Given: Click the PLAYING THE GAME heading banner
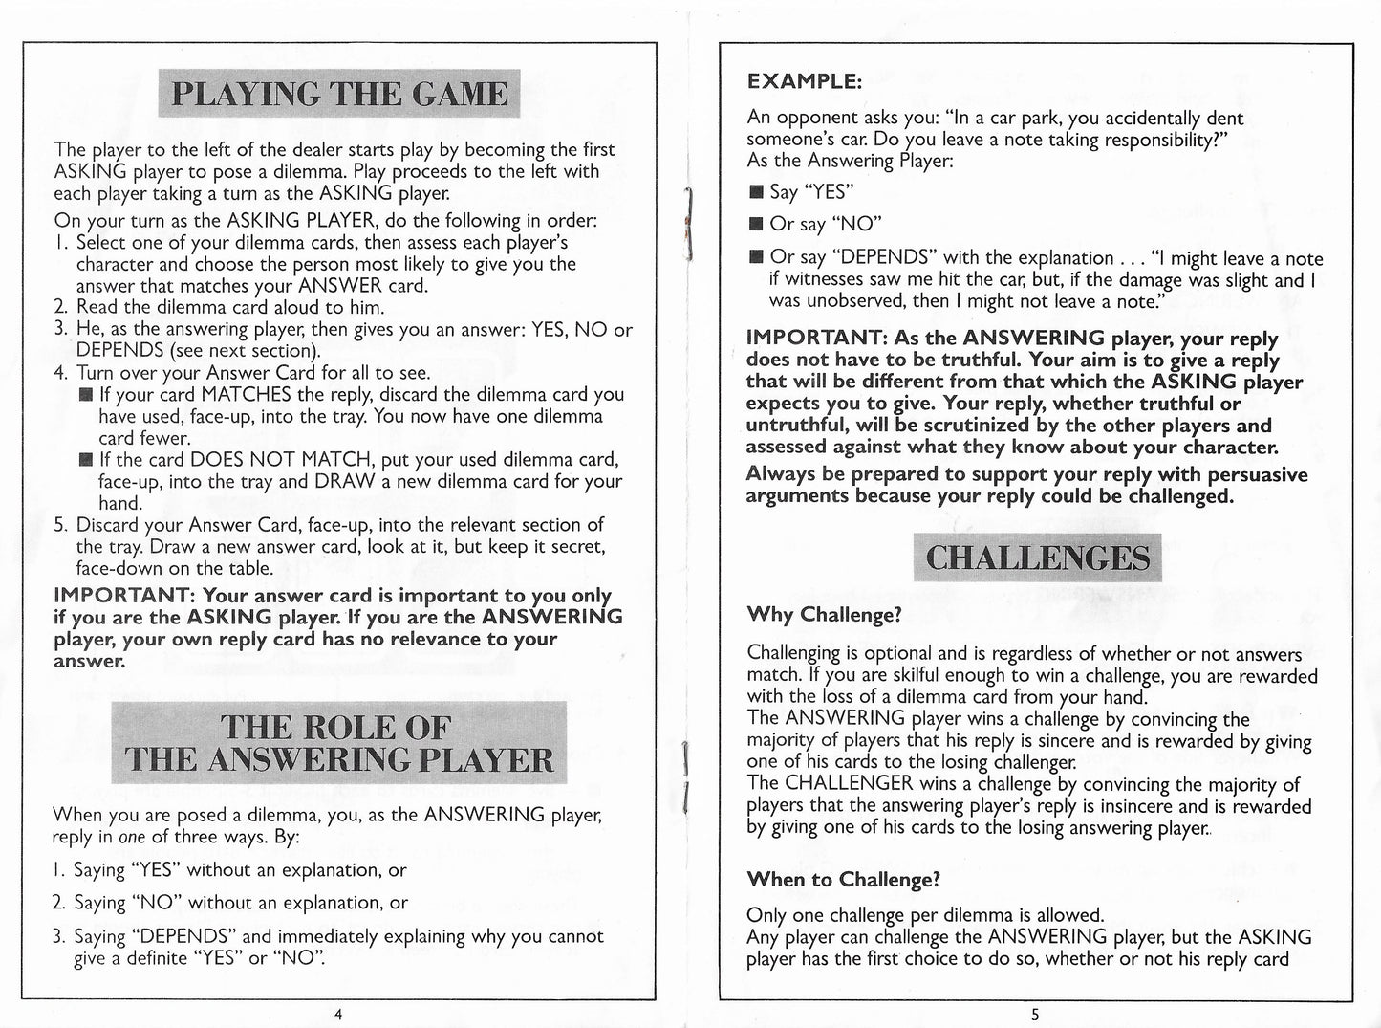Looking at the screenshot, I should (338, 94).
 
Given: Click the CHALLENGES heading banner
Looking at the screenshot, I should (1037, 558).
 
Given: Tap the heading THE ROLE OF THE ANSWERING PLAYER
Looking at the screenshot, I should (338, 743).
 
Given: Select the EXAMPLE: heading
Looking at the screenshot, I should (804, 81).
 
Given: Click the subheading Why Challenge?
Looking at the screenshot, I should (824, 614).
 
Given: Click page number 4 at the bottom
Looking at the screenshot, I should (338, 1015).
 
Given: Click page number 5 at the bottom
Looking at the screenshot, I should (1035, 1015).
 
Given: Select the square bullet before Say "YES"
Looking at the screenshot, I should (756, 193).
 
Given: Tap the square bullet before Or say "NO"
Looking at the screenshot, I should (756, 226).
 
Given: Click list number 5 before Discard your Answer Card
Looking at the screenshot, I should (59, 525).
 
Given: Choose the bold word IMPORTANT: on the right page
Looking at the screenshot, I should (816, 339).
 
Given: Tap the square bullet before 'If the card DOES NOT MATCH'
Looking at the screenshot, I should (86, 460).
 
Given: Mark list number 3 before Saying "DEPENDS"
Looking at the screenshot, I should (59, 936).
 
